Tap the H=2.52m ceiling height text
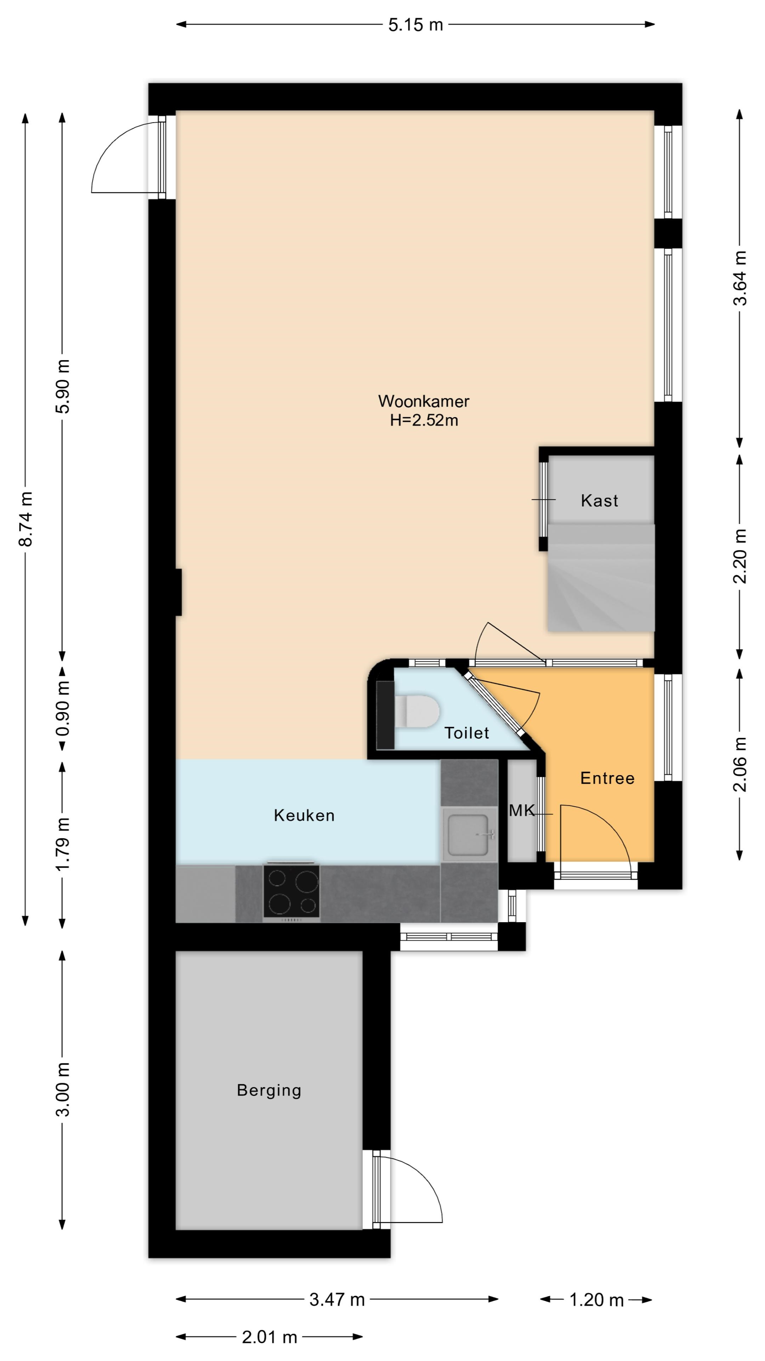pos(424,421)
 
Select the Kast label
pos(599,500)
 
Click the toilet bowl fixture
pos(417,711)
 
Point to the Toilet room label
pos(467,733)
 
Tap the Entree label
pos(607,778)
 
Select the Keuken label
pos(304,816)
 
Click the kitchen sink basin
pos(468,835)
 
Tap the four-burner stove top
pos(291,891)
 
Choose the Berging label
pos(269,1091)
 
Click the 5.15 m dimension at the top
pos(415,25)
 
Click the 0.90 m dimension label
pos(63,708)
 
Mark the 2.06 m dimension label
pos(740,764)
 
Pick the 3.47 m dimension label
pos(337,1299)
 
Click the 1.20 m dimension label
pos(596,1299)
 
